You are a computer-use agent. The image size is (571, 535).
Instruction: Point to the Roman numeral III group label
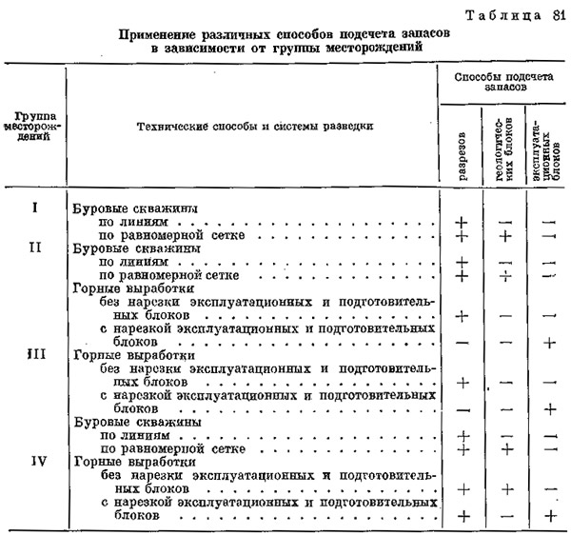[x=33, y=353]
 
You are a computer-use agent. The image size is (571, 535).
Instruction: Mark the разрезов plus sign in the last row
[x=464, y=515]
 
